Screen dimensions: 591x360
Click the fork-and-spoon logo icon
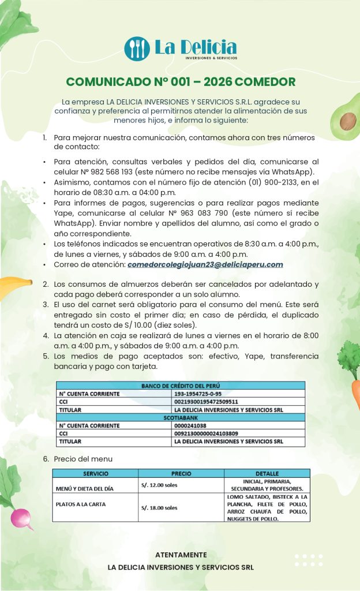[x=137, y=48]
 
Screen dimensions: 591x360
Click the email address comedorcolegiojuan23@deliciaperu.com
[x=205, y=264]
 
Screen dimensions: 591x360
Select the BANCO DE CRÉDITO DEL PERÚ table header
[x=181, y=386]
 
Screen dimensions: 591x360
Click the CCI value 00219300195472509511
[x=206, y=402]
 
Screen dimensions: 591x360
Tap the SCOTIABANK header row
[x=181, y=417]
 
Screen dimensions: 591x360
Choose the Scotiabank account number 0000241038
[x=189, y=425]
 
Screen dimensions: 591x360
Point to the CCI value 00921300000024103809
[x=206, y=433]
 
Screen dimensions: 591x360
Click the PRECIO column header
[x=181, y=473]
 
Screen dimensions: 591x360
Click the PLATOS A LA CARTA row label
[x=81, y=504]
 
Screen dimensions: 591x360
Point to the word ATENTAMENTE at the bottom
[x=181, y=555]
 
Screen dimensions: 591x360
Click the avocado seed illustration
[x=347, y=121]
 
